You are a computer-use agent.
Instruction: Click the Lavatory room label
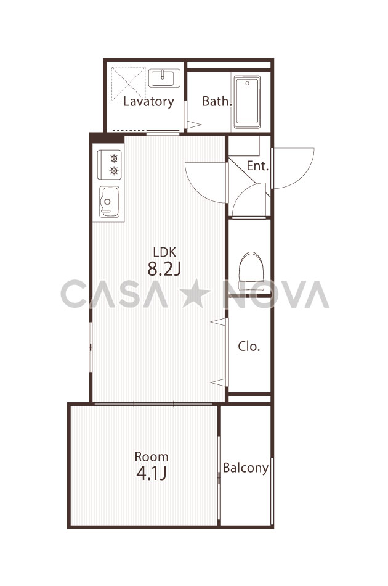point(148,102)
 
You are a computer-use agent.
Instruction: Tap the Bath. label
point(217,101)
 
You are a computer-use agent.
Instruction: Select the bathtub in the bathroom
point(247,102)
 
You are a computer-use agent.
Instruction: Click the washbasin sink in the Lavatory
point(164,78)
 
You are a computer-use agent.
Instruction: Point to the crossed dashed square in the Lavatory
point(128,84)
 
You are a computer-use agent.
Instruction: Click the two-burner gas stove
point(109,165)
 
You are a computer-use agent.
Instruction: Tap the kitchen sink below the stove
point(109,202)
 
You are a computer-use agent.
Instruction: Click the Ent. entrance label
point(257,166)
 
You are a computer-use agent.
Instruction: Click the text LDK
point(164,252)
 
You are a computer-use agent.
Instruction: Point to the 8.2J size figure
point(164,269)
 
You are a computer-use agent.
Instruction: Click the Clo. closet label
point(249,347)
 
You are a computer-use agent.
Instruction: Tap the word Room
point(152,456)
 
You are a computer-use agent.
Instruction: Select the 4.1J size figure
point(151,474)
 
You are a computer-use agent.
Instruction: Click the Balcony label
point(246,468)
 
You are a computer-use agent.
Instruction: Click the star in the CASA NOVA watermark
point(195,294)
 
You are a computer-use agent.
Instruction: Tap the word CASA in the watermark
point(114,294)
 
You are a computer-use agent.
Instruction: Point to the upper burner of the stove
point(114,159)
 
